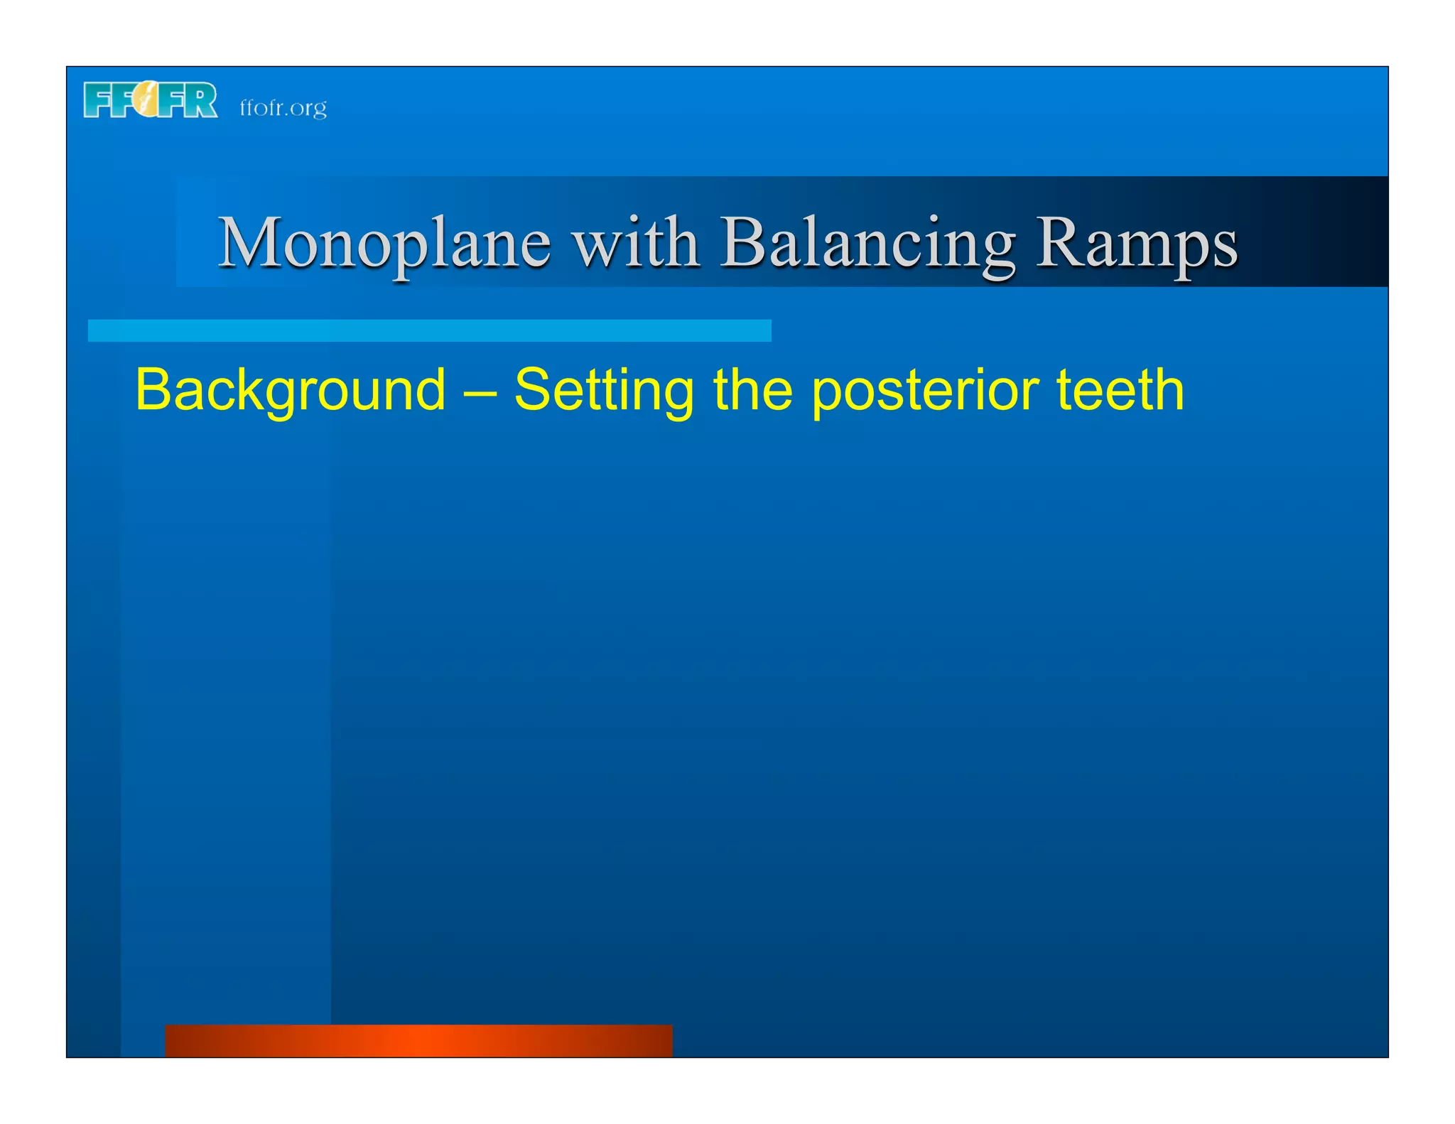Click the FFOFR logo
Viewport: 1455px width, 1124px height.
(x=151, y=100)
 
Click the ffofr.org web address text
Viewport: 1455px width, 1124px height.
(x=283, y=108)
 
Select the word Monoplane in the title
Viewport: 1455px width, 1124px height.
(x=384, y=244)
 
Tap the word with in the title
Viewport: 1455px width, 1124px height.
(x=636, y=244)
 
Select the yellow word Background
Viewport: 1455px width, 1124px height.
(x=290, y=391)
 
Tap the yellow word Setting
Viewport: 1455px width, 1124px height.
(x=603, y=391)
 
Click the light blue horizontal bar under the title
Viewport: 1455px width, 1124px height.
(x=429, y=330)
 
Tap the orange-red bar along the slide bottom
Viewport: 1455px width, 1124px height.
(x=418, y=1040)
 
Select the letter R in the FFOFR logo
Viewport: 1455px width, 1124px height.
(x=202, y=100)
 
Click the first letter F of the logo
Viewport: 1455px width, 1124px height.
(x=97, y=100)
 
